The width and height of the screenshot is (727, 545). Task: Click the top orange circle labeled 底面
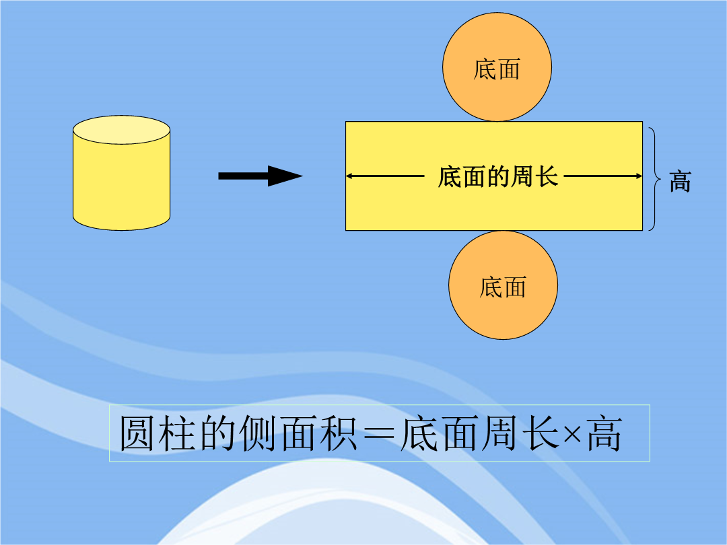click(x=497, y=67)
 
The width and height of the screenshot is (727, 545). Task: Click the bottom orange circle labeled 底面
click(x=503, y=285)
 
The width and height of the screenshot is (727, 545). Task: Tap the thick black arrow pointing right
click(x=261, y=176)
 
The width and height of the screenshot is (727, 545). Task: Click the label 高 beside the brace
click(x=680, y=181)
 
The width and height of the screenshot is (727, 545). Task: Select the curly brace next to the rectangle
click(x=655, y=178)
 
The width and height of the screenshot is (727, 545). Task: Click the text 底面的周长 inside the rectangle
click(x=498, y=176)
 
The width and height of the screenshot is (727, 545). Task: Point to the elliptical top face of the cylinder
click(x=121, y=130)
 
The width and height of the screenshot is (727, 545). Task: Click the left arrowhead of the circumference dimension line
click(x=350, y=176)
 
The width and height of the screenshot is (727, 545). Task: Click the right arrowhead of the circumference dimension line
click(x=638, y=176)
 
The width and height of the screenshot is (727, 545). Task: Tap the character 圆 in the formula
click(x=137, y=433)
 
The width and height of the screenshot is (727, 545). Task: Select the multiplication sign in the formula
click(x=572, y=435)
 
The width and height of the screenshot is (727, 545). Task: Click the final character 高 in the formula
click(x=604, y=433)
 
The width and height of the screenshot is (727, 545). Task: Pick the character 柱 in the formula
click(x=177, y=433)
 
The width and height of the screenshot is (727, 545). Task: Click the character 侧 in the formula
click(x=258, y=433)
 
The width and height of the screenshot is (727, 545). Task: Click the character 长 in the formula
click(x=541, y=433)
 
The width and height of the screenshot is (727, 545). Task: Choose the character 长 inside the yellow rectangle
click(x=547, y=176)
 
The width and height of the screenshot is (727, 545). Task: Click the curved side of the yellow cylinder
click(x=121, y=186)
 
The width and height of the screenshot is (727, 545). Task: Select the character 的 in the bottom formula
click(x=217, y=433)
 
